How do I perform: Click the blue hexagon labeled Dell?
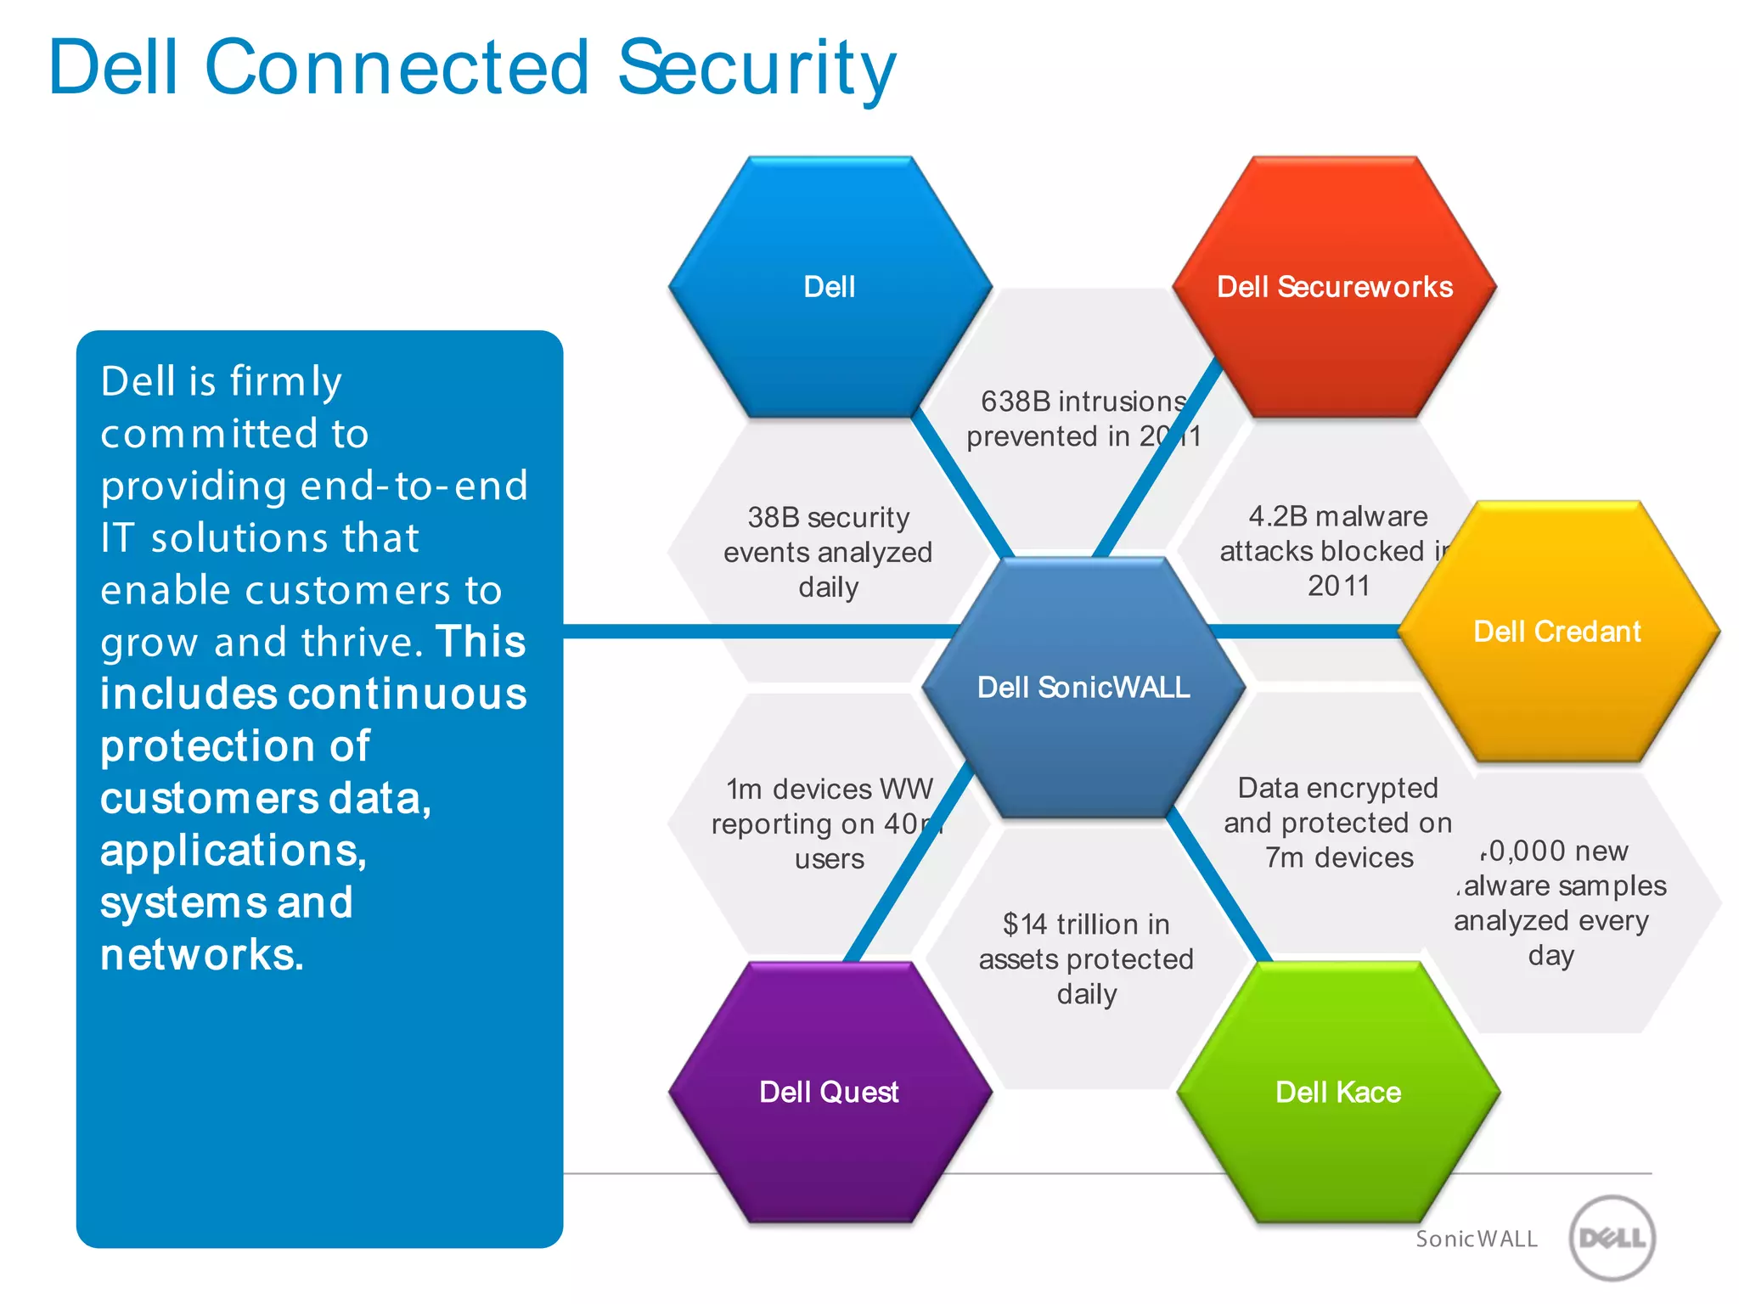point(830,287)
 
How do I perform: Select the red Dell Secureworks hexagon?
point(1334,287)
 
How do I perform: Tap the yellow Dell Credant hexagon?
point(1557,632)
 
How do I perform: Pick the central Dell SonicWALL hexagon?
point(1083,687)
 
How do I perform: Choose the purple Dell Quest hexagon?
point(829,1092)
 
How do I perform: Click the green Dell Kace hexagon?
point(1338,1092)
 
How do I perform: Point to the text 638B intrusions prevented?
point(1083,419)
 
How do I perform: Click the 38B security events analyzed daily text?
point(828,552)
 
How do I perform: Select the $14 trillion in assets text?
point(1086,958)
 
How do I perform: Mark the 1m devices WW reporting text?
point(828,823)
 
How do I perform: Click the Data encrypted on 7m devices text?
point(1337,822)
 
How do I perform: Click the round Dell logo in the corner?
point(1612,1238)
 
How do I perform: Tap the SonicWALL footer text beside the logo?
point(1477,1239)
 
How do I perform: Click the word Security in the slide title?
point(756,68)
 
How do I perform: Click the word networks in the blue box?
point(201,955)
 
